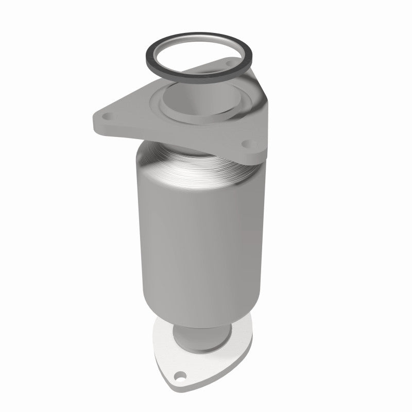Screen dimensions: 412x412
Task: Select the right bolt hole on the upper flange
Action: point(246,143)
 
